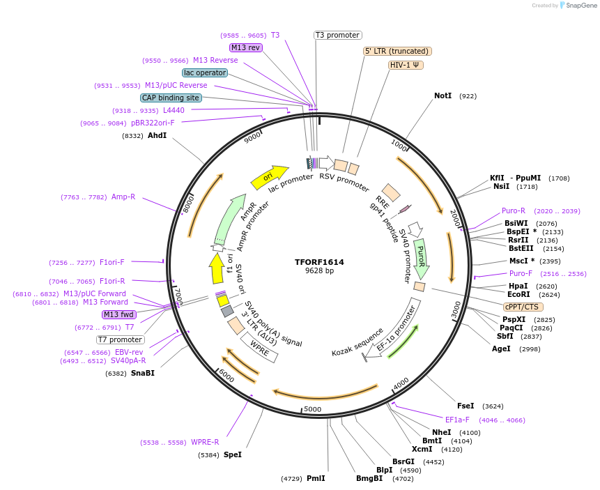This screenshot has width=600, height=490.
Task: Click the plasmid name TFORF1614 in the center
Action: pos(319,262)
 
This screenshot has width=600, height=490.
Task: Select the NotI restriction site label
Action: pos(443,95)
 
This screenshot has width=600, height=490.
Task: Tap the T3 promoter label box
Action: pos(337,35)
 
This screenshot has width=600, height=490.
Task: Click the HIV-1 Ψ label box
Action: pos(406,65)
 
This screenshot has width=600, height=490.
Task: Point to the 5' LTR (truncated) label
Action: pos(397,51)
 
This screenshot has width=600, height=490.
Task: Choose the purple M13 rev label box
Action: pos(246,47)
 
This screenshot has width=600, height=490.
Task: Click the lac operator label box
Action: pos(205,72)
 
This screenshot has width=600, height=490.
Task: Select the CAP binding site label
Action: pos(171,98)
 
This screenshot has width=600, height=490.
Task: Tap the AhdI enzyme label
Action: pos(157,135)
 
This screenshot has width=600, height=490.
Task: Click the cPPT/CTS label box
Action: pos(523,307)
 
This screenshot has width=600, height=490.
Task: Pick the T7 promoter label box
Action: pos(120,339)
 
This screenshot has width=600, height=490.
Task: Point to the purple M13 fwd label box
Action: pos(119,314)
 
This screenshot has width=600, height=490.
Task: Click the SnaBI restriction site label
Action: pos(142,373)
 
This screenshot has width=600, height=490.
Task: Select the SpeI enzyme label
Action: pos(233,454)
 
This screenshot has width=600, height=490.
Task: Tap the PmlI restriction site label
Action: pos(316,478)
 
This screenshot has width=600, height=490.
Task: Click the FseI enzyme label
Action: pos(466,406)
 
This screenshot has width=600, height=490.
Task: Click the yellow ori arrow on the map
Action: pos(269,178)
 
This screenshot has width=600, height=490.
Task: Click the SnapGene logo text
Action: pos(580,6)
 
